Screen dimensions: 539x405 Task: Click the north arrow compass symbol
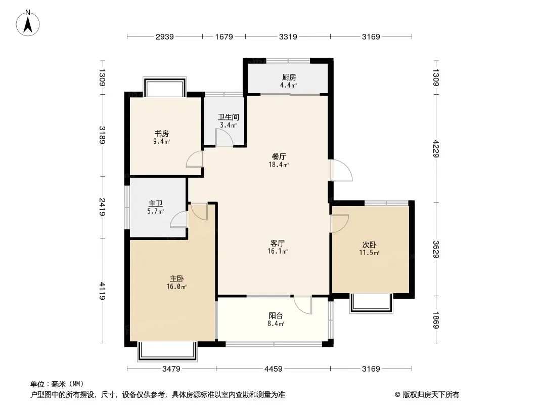point(28,23)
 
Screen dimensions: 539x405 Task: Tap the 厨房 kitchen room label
point(289,77)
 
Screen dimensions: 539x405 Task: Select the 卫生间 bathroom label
point(228,117)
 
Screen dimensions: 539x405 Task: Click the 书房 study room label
point(162,133)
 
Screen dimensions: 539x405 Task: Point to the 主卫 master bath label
point(155,204)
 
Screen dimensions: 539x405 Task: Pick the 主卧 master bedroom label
point(176,279)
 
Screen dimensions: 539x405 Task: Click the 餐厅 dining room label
point(279,156)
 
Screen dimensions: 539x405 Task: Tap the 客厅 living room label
point(278,244)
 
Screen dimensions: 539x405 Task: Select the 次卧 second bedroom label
point(370,245)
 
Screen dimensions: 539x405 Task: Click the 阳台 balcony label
point(276,315)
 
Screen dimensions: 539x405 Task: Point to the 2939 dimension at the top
point(165,36)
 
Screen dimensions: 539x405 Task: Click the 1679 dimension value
point(224,36)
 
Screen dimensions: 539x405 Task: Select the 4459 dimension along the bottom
point(273,369)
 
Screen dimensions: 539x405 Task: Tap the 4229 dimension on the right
point(436,149)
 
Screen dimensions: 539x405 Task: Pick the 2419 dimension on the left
point(102,207)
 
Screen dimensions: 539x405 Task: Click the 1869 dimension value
point(436,320)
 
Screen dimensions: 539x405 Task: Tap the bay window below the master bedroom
point(167,351)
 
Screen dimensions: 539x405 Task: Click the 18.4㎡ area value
point(279,165)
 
